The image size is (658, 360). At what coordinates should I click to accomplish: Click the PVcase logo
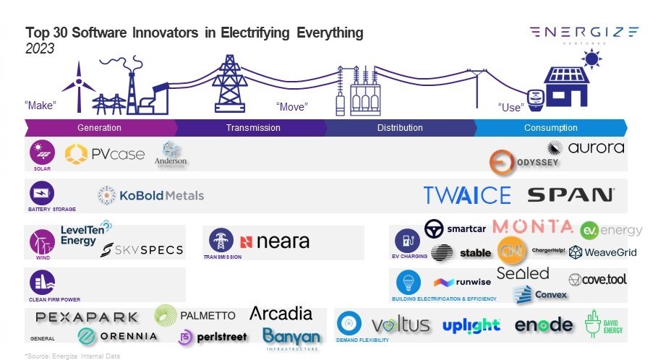coord(105,154)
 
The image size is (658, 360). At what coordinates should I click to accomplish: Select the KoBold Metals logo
coord(151,195)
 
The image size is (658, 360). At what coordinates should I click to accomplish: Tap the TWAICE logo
coord(467,195)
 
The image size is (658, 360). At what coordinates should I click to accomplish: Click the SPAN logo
coord(571,194)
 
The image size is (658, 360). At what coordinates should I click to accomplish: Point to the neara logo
coord(274,242)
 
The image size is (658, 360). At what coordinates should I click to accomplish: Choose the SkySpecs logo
coord(142,250)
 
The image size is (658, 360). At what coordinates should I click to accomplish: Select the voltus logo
coord(400,325)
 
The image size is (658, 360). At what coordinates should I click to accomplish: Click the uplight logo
coord(471,325)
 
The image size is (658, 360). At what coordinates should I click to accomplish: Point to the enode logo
coord(543,325)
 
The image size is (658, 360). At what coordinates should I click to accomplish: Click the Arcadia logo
coord(281,314)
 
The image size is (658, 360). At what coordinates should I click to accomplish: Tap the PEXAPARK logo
coord(87,317)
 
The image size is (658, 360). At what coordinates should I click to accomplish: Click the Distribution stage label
coord(400,128)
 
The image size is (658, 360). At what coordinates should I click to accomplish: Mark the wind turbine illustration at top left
coord(77,85)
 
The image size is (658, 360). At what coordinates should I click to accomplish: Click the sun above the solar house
coord(591,58)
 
